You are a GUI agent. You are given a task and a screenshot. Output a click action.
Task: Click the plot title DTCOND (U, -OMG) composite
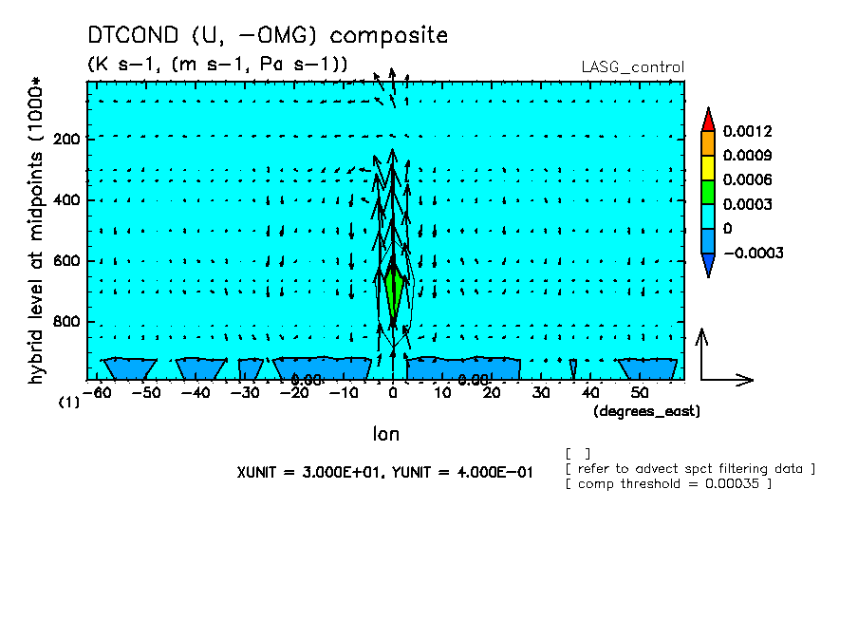(x=267, y=36)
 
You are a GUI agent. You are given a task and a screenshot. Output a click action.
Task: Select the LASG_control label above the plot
(x=632, y=66)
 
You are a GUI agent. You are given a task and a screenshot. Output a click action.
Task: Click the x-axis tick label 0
(x=393, y=392)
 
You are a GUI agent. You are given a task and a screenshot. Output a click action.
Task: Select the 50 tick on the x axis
(x=640, y=392)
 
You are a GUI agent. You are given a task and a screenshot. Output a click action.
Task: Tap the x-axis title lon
(x=385, y=434)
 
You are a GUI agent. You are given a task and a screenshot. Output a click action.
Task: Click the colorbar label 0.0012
(x=747, y=131)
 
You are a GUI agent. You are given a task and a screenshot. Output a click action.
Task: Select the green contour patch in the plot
(x=394, y=292)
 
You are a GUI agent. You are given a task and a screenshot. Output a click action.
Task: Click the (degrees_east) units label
(x=646, y=411)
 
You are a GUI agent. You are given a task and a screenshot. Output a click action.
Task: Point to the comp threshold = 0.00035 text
(x=669, y=483)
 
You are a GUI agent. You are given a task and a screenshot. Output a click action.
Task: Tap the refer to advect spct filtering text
(x=690, y=468)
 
